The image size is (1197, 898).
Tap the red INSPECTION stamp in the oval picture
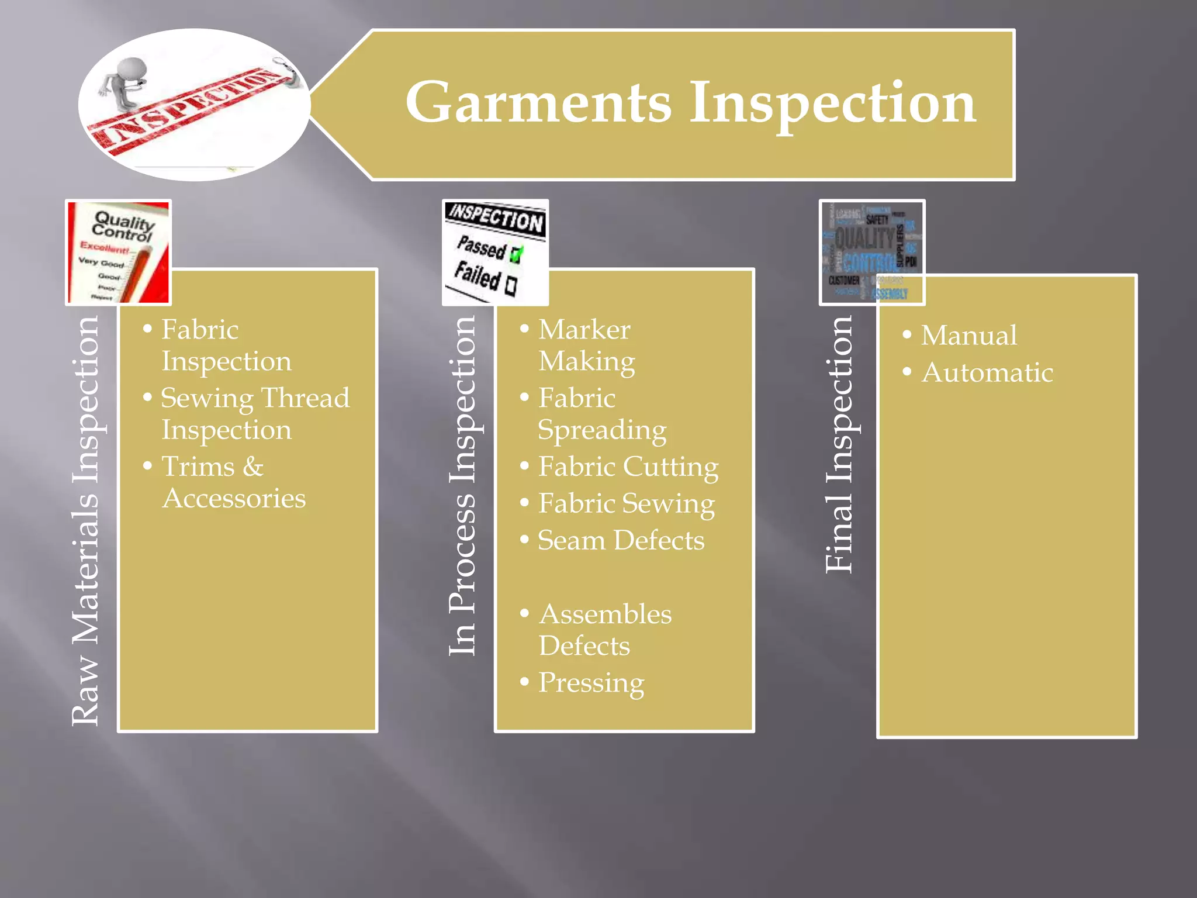(187, 108)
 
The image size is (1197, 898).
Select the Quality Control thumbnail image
(119, 252)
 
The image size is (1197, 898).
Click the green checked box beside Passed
(516, 254)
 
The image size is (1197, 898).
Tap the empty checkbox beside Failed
(511, 285)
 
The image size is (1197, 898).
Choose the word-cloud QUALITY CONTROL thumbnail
(871, 253)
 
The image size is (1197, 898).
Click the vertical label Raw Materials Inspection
(86, 520)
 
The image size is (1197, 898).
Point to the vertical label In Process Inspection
(463, 485)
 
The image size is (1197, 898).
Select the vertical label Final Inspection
(840, 444)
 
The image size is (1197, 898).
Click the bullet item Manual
(968, 336)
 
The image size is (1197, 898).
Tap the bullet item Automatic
(987, 373)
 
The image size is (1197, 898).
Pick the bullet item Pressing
(591, 682)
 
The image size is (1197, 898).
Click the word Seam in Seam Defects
(571, 540)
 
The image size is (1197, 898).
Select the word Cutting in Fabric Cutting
(670, 467)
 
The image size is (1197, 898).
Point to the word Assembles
(606, 614)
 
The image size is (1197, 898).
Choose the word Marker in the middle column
(584, 330)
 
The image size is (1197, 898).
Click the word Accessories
(234, 499)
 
